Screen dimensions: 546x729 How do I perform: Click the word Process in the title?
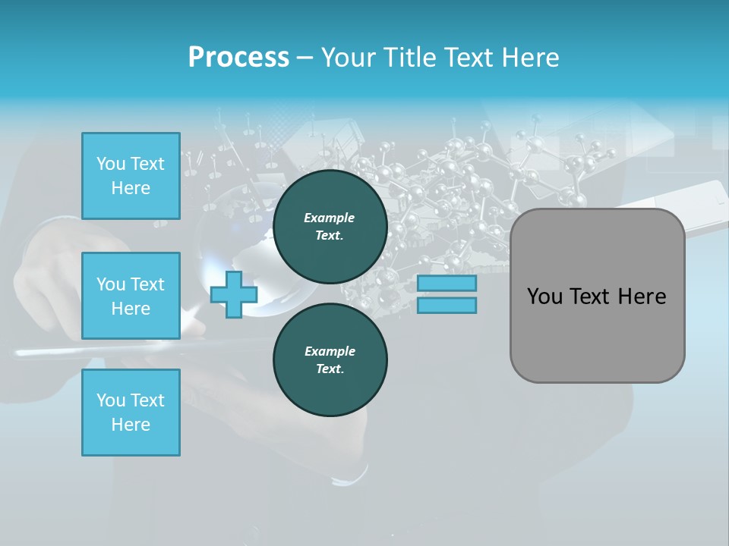point(238,58)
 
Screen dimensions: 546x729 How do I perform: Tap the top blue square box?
point(131,176)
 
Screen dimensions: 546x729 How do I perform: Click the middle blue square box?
point(131,296)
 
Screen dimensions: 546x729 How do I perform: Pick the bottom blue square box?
point(131,413)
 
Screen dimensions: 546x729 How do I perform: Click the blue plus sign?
point(234,295)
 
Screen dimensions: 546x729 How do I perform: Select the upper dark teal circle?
point(330,227)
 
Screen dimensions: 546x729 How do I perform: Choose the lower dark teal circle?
point(330,360)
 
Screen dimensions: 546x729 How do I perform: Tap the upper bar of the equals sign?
point(447,284)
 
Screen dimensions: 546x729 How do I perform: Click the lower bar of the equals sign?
point(447,306)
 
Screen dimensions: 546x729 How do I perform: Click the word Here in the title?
point(531,58)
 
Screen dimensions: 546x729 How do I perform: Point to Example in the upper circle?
point(330,218)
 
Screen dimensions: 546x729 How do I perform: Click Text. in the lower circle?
point(330,369)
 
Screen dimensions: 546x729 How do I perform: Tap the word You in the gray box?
point(544,297)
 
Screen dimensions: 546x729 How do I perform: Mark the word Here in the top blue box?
point(131,188)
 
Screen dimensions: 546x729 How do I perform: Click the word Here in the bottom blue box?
point(131,425)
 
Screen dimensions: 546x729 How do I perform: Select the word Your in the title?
point(349,58)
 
